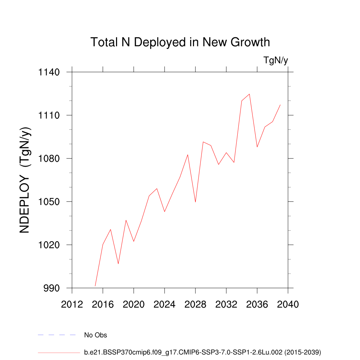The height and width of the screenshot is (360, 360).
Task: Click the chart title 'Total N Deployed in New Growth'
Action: pos(180,42)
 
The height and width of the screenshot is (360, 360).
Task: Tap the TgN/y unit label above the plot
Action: pos(276,60)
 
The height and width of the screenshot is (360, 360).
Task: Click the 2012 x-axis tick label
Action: pos(72,304)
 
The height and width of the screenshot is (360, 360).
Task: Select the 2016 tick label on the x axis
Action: pos(103,304)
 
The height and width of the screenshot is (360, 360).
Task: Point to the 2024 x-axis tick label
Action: pos(165,304)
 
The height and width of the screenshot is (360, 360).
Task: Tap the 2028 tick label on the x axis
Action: pos(195,304)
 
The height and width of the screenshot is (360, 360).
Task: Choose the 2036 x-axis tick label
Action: pos(257,304)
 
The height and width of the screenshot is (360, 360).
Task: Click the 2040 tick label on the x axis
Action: pos(288,304)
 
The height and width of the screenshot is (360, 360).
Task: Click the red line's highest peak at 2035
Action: pos(249,94)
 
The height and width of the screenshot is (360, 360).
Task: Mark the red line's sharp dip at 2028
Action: pos(195,202)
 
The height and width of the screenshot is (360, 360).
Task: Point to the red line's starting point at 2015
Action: pos(95,286)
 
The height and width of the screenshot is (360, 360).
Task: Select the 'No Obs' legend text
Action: pos(95,335)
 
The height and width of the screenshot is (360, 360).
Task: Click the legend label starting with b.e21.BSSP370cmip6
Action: pos(202,352)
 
